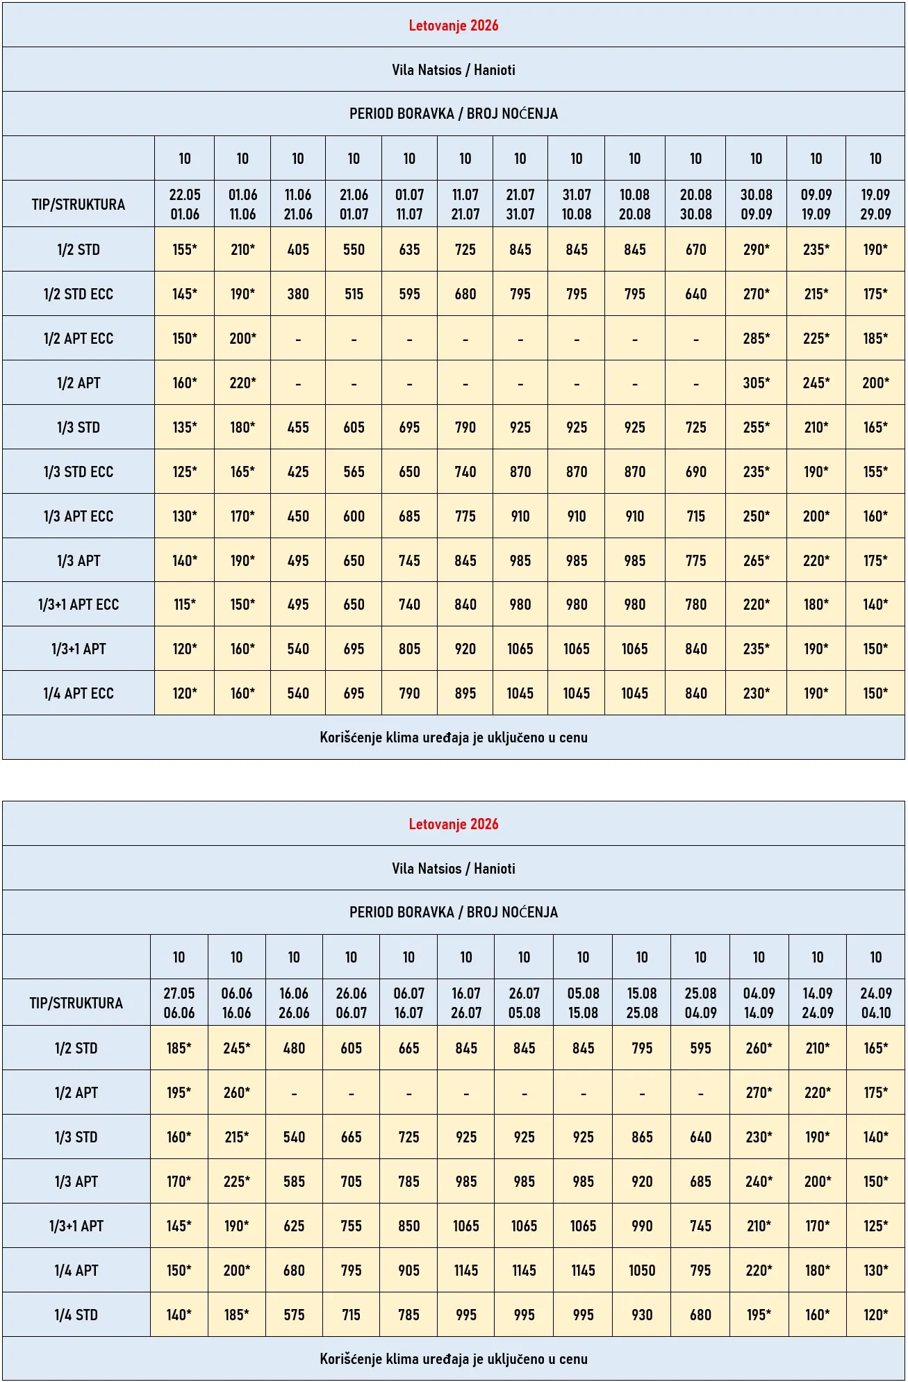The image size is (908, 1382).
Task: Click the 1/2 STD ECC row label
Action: coord(79,294)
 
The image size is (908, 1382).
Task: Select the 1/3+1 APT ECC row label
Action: coord(79,604)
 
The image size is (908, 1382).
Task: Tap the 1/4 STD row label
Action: coord(76,1315)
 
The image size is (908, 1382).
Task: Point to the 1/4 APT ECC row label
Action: coord(79,693)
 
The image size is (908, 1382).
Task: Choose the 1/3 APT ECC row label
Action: coord(79,516)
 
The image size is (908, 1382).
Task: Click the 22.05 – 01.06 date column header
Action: coord(185,204)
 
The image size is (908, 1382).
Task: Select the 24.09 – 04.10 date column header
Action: coord(876,1003)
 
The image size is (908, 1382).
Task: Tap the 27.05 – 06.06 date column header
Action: coord(179,1003)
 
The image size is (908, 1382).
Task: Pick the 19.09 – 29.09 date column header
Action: coord(875,204)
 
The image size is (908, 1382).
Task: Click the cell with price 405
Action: coord(298,249)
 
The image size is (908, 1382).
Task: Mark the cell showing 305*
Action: coord(757,383)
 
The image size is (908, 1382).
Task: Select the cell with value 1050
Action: coord(642,1270)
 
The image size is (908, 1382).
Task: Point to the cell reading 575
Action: coord(294,1315)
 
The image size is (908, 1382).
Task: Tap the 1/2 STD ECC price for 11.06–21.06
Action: coord(298,294)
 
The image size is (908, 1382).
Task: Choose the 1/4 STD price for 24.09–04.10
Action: coord(876,1315)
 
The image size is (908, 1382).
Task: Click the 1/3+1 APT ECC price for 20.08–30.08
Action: coord(696,604)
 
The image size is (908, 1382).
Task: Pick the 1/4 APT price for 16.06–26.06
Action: coord(294,1270)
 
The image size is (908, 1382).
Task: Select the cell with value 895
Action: coord(465,693)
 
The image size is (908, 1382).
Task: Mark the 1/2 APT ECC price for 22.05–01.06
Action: coord(185,338)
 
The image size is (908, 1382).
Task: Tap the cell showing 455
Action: coord(298,427)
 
